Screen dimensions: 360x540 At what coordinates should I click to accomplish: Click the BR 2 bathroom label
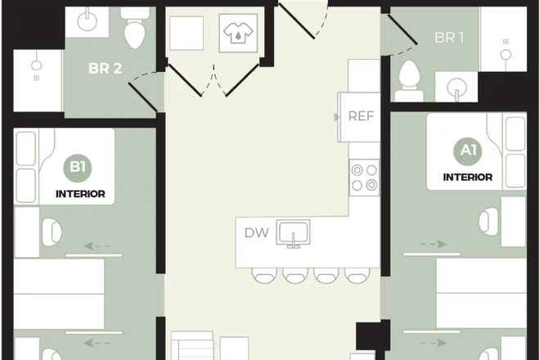pyautogui.click(x=106, y=68)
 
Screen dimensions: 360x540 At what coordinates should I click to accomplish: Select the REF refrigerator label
pyautogui.click(x=361, y=115)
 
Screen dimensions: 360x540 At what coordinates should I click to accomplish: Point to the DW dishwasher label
pyautogui.click(x=256, y=232)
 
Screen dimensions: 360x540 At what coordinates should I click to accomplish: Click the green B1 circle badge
pyautogui.click(x=79, y=169)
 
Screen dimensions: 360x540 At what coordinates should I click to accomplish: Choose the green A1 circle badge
pyautogui.click(x=467, y=151)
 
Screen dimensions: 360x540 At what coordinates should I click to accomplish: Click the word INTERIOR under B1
pyautogui.click(x=80, y=194)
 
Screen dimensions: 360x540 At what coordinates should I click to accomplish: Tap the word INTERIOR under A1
pyautogui.click(x=467, y=177)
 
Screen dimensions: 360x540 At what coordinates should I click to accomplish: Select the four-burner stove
pyautogui.click(x=365, y=177)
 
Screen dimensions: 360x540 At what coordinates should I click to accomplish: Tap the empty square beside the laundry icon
pyautogui.click(x=186, y=33)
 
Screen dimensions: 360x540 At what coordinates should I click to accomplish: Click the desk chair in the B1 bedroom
pyautogui.click(x=50, y=230)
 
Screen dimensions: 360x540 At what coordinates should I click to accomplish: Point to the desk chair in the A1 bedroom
pyautogui.click(x=490, y=220)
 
